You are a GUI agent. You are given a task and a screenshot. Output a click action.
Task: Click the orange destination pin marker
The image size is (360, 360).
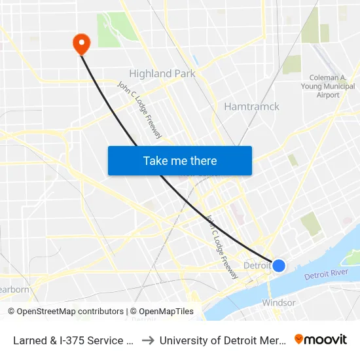tap(81, 44)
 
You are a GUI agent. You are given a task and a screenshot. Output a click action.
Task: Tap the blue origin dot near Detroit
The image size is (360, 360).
tap(279, 265)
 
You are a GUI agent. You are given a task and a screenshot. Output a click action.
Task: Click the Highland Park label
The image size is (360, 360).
tap(162, 74)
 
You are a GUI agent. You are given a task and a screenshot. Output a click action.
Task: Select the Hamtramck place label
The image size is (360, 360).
tap(251, 106)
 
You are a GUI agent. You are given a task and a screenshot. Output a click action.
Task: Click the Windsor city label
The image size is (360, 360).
tap(279, 303)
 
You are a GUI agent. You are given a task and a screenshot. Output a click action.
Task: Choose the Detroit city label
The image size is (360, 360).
tap(257, 266)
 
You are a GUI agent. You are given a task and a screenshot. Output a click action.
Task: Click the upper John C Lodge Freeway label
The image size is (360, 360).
tap(139, 109)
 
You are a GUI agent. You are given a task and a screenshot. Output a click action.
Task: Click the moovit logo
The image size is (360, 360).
tap(321, 339)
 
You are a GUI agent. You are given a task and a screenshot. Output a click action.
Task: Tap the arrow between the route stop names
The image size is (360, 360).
tap(148, 340)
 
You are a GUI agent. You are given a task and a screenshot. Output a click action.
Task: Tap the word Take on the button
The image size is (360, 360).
tap(154, 161)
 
